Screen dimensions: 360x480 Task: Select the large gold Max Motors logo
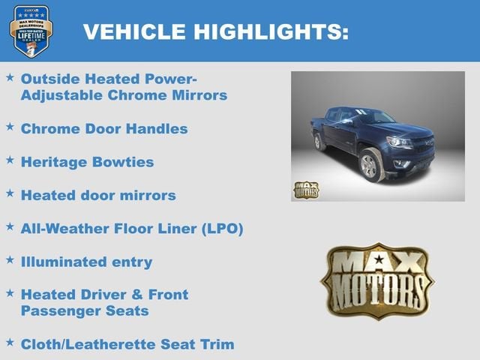[x=377, y=280]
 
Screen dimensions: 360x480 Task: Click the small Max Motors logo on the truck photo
[x=305, y=190]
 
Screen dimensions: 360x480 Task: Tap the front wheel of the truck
[x=369, y=166]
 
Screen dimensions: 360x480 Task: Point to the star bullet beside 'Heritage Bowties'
[x=10, y=160]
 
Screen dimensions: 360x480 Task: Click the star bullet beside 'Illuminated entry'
[x=10, y=259]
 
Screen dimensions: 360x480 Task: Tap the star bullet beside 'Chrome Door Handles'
[x=10, y=127]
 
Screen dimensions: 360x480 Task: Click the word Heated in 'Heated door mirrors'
[x=46, y=196]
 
